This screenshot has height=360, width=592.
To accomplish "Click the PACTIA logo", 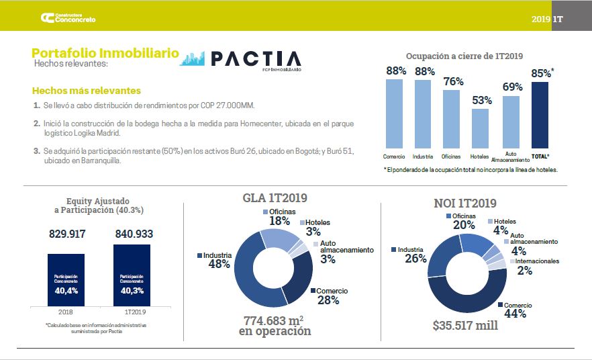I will [242, 59].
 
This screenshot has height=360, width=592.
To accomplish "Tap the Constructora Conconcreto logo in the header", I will [68, 18].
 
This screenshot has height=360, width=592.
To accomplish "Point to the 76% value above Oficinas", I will [454, 81].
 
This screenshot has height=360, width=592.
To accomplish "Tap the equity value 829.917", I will [66, 234].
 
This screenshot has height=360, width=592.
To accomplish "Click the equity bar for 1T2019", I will [132, 275].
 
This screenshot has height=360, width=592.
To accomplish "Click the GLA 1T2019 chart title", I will [275, 198].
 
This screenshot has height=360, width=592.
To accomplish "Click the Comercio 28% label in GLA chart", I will [328, 296].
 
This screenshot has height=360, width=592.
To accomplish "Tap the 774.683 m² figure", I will [275, 320].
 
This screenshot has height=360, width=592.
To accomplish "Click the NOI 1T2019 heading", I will [465, 203].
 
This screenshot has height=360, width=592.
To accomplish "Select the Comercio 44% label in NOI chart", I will [517, 309].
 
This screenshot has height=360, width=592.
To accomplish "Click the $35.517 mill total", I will [465, 325].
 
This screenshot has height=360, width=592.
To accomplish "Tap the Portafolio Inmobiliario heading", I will [105, 52].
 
